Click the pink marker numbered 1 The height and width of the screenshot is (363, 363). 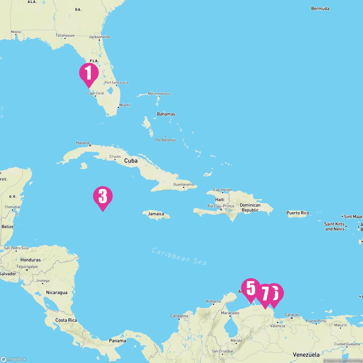89,73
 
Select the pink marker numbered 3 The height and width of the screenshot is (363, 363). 103,196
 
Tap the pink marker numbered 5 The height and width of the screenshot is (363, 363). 251,288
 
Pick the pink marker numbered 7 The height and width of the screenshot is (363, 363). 265,293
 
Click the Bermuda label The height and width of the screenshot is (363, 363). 320,8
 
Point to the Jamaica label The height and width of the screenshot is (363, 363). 156,214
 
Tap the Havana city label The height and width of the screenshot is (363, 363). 83,143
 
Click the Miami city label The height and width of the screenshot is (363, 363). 125,105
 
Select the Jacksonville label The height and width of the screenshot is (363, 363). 100,37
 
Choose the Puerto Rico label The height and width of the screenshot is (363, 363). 298,213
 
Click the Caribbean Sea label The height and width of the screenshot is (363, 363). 179,257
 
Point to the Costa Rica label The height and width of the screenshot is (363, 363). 66,320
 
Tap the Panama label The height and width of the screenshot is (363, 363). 117,341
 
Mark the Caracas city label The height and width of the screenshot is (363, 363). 292,315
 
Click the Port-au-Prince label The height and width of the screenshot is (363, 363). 221,206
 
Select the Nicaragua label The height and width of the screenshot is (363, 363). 57,293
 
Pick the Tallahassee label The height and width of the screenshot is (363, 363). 65,35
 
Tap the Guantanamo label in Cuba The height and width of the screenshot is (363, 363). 183,184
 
